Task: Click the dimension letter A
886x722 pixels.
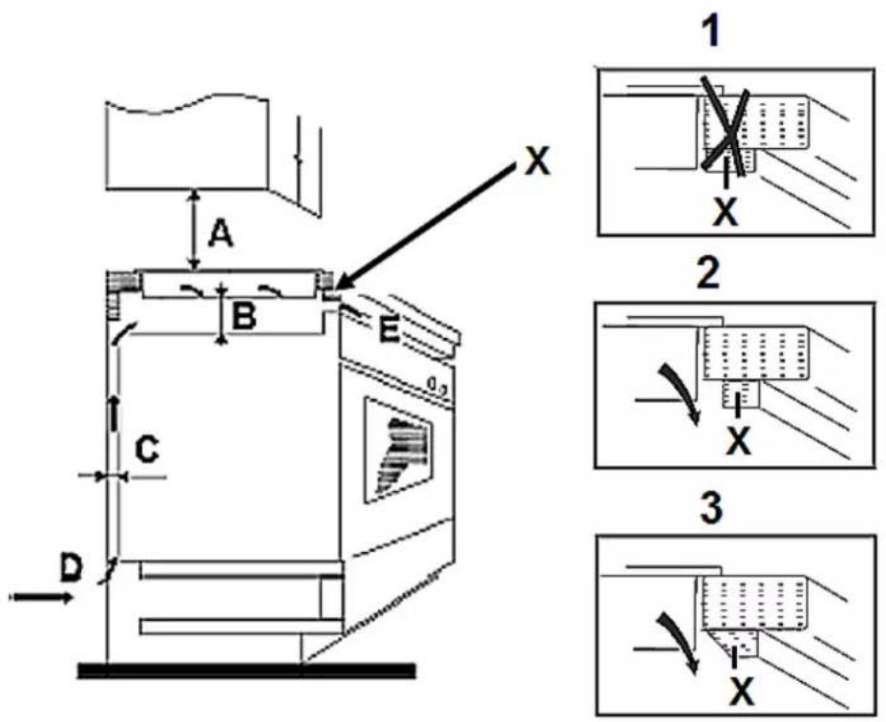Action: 221,234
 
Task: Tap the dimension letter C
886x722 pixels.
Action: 147,450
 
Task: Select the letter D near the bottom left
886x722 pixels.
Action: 72,567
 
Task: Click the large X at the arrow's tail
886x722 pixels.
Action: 537,160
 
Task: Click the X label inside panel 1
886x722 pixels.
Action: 725,212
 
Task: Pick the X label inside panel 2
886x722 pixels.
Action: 739,440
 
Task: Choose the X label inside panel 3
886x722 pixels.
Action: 741,690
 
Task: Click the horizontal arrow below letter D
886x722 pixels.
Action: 42,597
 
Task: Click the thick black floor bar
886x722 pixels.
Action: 247,670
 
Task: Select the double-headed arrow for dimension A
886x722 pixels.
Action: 194,229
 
